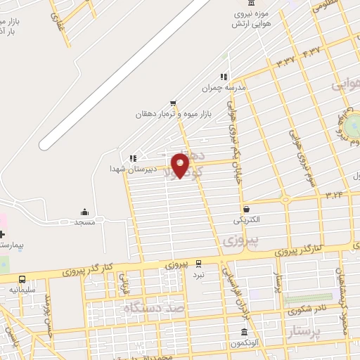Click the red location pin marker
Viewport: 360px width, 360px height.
pyautogui.click(x=181, y=165)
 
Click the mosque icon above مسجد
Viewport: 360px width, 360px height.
pyautogui.click(x=84, y=212)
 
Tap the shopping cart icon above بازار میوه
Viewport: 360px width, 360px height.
pyautogui.click(x=173, y=103)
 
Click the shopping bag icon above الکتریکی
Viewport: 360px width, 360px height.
pyautogui.click(x=247, y=209)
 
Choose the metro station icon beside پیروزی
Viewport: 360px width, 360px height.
pyautogui.click(x=198, y=264)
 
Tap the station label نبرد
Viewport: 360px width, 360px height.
pyautogui.click(x=199, y=274)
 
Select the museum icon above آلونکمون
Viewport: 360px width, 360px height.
pyautogui.click(x=244, y=332)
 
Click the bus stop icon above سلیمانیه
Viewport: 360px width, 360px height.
pyautogui.click(x=22, y=278)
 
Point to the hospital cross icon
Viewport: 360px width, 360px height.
pyautogui.click(x=2, y=233)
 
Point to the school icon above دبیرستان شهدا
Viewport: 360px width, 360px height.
pyautogui.click(x=133, y=158)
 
